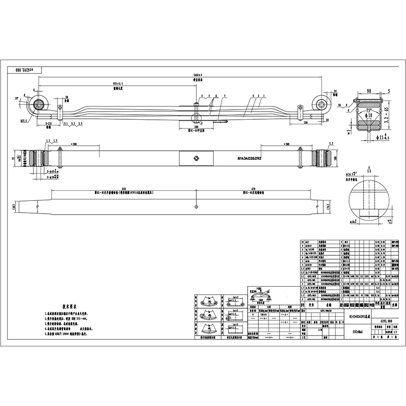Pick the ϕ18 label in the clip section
coord(369,116)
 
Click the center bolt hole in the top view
coord(195,158)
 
